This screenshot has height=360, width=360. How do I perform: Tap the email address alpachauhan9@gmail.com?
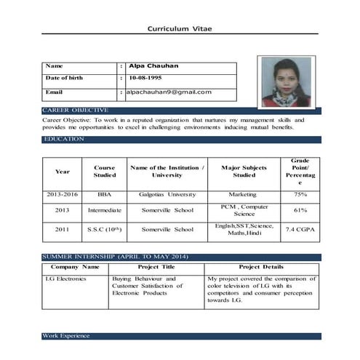click(x=168, y=92)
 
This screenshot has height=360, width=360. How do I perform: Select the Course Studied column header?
click(x=105, y=172)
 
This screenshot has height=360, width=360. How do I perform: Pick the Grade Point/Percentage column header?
click(x=300, y=172)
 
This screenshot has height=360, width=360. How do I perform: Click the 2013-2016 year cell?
click(x=62, y=195)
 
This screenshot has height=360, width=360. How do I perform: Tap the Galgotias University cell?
click(x=167, y=195)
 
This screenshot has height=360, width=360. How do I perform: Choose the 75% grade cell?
click(x=300, y=195)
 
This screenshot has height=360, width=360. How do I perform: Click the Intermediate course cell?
click(x=105, y=210)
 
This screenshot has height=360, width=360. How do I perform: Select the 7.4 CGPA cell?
click(x=300, y=230)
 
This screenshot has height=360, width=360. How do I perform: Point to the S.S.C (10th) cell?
click(x=105, y=230)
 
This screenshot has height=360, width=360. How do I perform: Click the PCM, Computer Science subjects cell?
click(x=234, y=210)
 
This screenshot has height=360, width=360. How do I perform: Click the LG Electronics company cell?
click(x=66, y=279)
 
